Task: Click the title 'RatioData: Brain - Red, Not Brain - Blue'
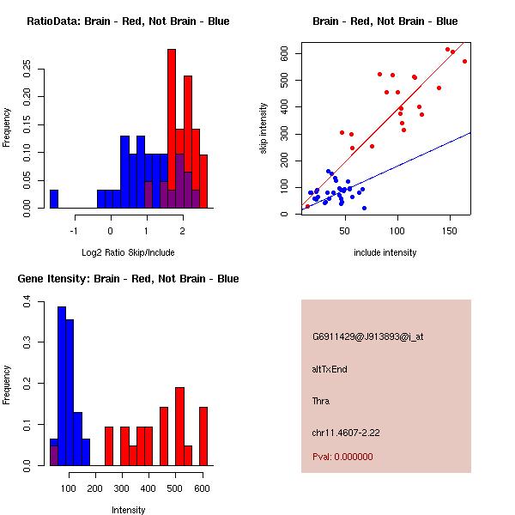pos(128,21)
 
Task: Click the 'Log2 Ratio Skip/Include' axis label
pos(128,251)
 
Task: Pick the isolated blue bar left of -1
pos(54,199)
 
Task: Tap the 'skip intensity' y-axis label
pos(264,129)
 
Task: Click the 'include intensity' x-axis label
pos(385,252)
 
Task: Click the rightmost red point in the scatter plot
pos(464,61)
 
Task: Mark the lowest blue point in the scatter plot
pos(364,208)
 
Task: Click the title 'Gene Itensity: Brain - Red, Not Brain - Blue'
pos(128,279)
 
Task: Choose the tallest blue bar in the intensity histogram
pos(62,386)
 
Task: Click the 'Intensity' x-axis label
pos(128,510)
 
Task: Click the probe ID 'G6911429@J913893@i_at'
pos(367,336)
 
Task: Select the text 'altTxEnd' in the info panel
pos(330,369)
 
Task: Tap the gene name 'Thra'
pos(321,401)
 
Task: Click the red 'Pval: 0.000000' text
pos(342,457)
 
